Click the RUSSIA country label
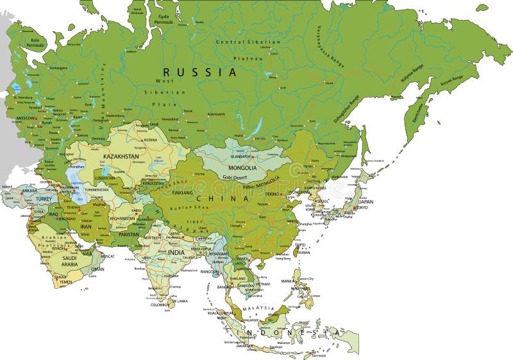[199, 73]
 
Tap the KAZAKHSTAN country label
[121, 156]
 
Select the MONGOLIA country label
[242, 168]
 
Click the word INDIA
[176, 252]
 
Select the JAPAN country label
[366, 201]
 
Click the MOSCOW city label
[26, 119]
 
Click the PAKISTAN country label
[128, 235]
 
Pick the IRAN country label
[85, 227]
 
